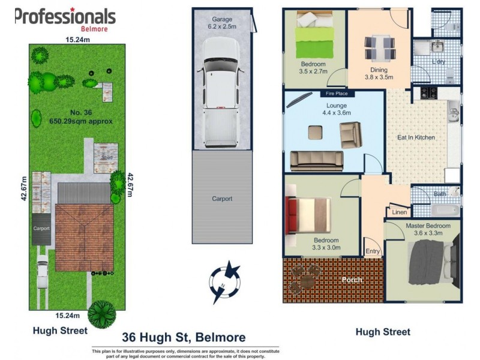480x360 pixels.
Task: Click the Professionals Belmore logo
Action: tap(65, 18)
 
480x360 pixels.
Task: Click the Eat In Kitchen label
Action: tap(416, 137)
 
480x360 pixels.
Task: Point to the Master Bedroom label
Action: tap(424, 226)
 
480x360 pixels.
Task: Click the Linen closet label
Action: tap(400, 212)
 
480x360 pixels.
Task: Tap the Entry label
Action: tap(372, 251)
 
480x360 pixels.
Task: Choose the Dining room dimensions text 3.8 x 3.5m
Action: tap(379, 77)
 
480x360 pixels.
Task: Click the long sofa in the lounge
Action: tap(316, 160)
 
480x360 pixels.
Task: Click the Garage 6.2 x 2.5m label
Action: tap(222, 23)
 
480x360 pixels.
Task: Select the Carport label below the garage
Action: tap(222, 199)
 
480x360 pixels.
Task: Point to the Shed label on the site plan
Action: tap(107, 158)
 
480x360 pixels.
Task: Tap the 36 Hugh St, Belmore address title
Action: tap(184, 338)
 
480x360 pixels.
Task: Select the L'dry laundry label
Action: tap(439, 62)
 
